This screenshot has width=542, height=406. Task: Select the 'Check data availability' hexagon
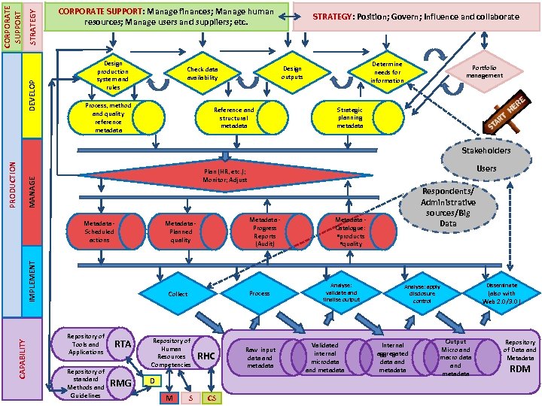point(202,73)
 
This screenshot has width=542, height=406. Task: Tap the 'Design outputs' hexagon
point(291,73)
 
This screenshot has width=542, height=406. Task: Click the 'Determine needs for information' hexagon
point(387,73)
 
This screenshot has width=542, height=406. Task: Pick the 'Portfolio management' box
point(484,71)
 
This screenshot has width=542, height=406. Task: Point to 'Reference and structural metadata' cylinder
point(234,117)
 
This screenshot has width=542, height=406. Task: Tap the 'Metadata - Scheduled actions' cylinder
point(99,231)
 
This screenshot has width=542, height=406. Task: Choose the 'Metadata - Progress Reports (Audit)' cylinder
point(264,231)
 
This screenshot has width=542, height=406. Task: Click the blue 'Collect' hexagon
point(178,294)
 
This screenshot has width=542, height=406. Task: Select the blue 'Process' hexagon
point(260,294)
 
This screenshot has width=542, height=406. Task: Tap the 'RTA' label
point(123,344)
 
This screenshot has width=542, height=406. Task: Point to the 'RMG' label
point(121,383)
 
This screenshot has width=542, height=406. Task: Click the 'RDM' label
point(520,368)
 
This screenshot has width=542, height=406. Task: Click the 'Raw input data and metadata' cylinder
point(260,357)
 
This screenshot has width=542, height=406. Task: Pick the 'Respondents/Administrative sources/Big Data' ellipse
point(448,208)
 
